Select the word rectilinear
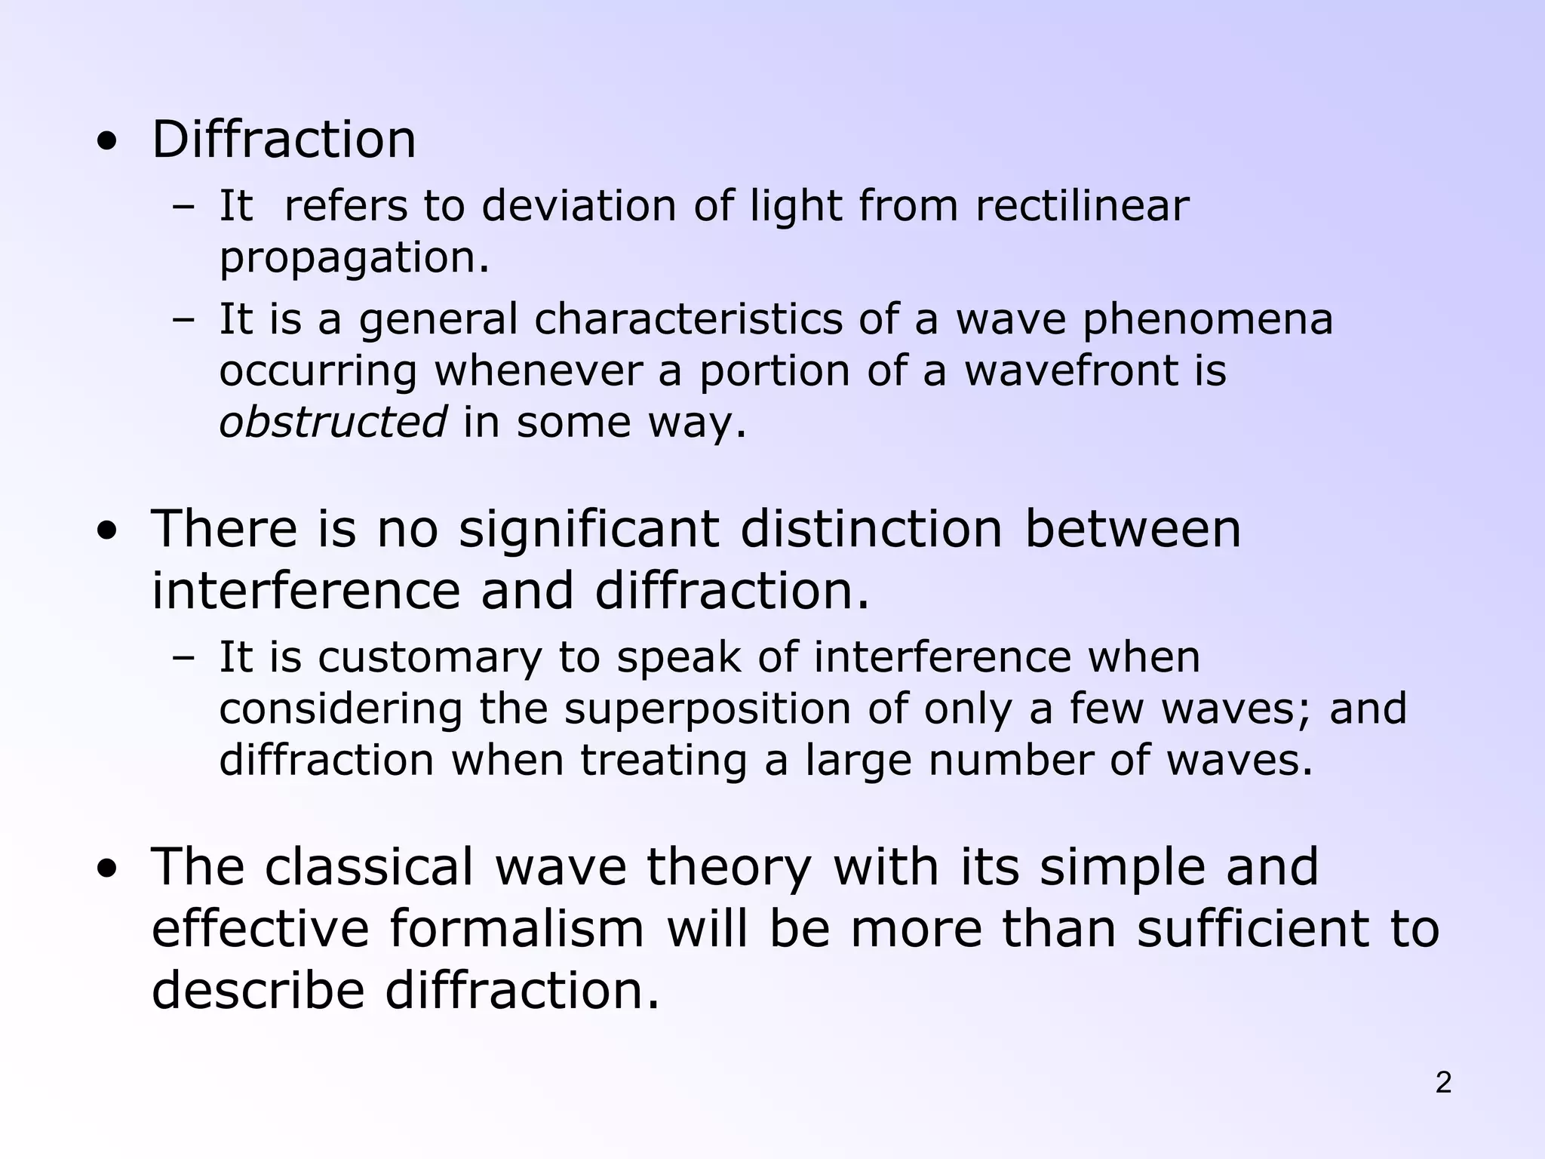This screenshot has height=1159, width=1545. (x=1082, y=205)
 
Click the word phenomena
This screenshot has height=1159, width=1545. (x=1208, y=320)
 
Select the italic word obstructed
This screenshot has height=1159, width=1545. (x=333, y=421)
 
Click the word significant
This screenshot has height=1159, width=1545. (x=588, y=530)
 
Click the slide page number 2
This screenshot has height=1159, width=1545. (x=1443, y=1083)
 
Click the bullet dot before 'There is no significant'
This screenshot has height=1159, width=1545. (x=107, y=531)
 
